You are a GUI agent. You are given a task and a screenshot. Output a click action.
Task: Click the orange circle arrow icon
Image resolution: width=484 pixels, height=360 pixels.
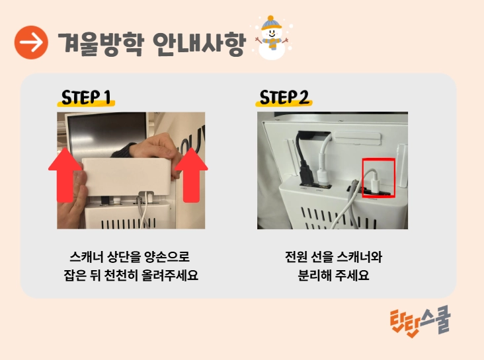click(x=31, y=42)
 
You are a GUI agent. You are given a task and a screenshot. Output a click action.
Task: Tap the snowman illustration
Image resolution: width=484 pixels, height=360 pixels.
click(x=271, y=38)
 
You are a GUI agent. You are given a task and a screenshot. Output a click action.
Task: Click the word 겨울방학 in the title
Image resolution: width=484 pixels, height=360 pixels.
click(x=101, y=44)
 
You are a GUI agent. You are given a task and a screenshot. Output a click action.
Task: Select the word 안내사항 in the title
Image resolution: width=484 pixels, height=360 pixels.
click(x=200, y=44)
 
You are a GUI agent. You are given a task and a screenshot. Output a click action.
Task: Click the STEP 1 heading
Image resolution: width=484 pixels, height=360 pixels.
click(x=86, y=98)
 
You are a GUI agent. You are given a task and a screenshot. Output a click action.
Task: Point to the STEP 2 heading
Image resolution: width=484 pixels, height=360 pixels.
click(x=284, y=98)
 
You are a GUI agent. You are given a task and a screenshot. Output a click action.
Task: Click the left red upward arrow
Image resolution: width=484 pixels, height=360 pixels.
click(x=65, y=175)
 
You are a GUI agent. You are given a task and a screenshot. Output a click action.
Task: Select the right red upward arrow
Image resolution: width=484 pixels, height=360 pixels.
click(x=191, y=175)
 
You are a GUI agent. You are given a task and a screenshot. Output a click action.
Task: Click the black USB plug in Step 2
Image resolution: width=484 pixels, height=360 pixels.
click(x=307, y=176)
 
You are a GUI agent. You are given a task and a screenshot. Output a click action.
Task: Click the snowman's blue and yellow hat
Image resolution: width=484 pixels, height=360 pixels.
click(x=270, y=23)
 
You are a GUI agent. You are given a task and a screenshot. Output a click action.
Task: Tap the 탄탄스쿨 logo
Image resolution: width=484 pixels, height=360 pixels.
click(x=421, y=322)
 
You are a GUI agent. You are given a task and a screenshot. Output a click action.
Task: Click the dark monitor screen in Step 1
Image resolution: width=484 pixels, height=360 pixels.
click(x=106, y=131)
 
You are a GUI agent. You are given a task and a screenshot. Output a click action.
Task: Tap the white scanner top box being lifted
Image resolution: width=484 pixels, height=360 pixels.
click(x=126, y=177)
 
